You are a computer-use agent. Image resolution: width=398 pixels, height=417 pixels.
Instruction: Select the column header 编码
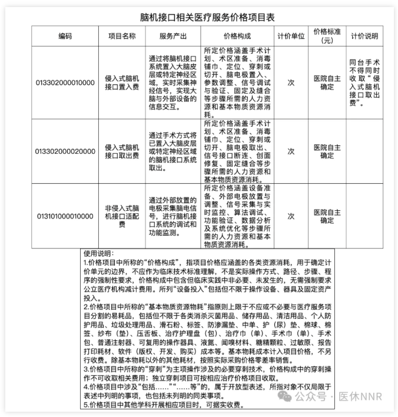(x=65, y=36)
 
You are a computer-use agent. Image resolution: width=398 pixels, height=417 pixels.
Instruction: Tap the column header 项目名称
(x=122, y=36)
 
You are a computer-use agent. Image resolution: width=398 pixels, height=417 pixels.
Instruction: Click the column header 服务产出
(x=173, y=36)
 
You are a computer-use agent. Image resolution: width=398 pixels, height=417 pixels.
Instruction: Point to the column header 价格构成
(x=238, y=36)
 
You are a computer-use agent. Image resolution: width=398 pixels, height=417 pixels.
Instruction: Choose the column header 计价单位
(x=291, y=36)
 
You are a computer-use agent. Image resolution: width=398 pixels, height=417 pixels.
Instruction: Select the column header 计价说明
(x=364, y=36)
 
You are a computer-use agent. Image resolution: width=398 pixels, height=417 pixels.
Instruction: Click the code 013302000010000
(x=65, y=82)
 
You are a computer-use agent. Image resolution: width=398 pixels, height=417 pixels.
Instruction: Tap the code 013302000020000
(x=65, y=151)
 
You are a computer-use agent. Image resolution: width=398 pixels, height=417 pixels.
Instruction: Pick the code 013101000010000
(x=65, y=216)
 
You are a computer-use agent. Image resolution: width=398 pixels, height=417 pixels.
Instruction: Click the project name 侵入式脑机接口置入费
(x=122, y=82)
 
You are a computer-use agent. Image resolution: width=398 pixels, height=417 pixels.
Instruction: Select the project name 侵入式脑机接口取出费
(x=122, y=151)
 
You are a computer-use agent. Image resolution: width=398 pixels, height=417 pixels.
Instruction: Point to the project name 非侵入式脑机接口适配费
(x=122, y=216)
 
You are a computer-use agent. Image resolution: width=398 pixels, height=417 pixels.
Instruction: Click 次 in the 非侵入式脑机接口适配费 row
(x=291, y=216)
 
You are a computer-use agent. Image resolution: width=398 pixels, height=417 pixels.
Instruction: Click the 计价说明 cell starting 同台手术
(x=364, y=82)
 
